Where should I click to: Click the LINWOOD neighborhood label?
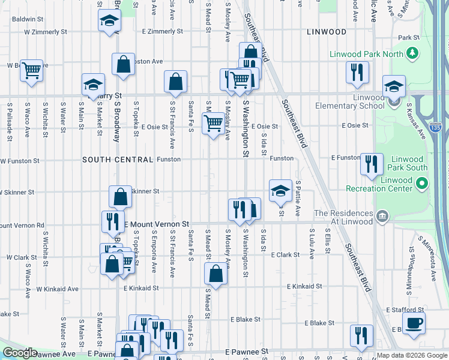tap(327, 31)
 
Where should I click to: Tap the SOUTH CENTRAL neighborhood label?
tap(118, 160)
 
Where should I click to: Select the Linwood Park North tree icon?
tap(412, 54)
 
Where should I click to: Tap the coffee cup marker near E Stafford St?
tap(414, 323)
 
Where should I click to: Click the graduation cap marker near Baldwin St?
tap(109, 22)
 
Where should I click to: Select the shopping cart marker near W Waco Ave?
tap(31, 70)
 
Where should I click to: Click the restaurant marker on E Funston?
tap(372, 163)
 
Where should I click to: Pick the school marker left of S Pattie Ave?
tap(280, 191)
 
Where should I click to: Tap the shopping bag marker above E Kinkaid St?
tap(215, 274)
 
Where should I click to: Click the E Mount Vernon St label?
tap(156, 223)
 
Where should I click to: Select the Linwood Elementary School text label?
tap(351, 101)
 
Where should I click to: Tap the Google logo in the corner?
tap(20, 353)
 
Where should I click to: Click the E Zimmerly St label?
tap(162, 31)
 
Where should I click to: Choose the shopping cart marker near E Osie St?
tap(214, 124)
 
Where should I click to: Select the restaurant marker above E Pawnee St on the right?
tap(361, 335)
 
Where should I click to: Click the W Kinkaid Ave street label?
tap(57, 289)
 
